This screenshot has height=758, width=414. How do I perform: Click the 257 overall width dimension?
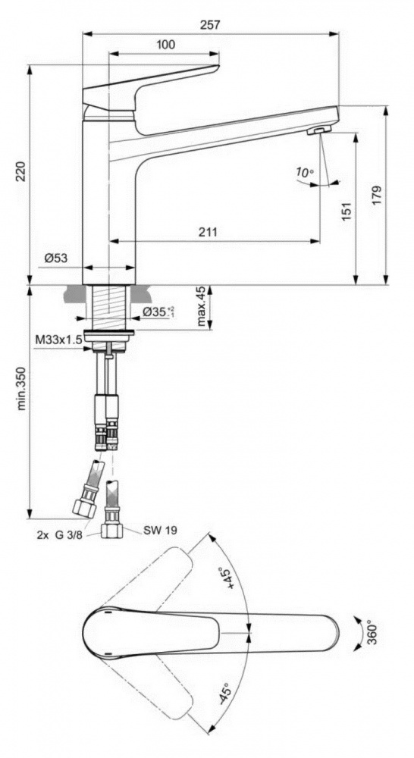[210, 25]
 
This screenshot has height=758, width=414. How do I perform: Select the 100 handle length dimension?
[166, 45]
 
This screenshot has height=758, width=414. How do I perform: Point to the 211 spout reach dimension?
[208, 232]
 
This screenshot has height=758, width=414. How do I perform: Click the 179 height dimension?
[377, 194]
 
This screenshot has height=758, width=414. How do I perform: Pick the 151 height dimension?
[347, 211]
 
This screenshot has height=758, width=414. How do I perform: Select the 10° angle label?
[305, 172]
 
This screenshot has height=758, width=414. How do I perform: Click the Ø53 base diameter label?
[56, 258]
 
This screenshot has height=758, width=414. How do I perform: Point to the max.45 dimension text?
[201, 305]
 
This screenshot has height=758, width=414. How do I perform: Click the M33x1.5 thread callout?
[58, 340]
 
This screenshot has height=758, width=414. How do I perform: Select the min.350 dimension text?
[21, 387]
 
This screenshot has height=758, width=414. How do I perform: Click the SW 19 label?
[160, 531]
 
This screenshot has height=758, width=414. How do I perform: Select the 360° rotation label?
[372, 631]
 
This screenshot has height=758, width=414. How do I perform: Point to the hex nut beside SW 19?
[111, 531]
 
